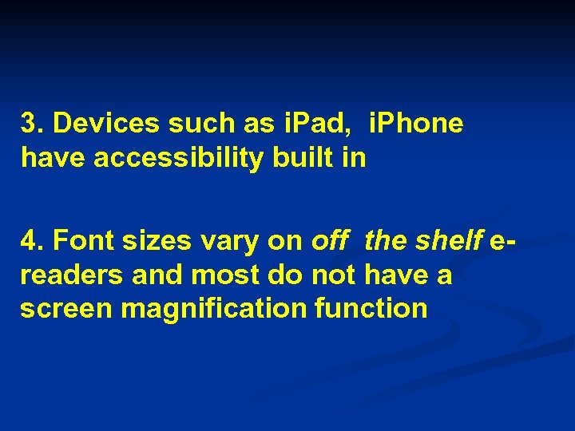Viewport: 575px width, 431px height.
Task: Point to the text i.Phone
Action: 415,125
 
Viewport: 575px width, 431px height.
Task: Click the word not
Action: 334,275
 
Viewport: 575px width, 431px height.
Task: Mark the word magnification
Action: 213,309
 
